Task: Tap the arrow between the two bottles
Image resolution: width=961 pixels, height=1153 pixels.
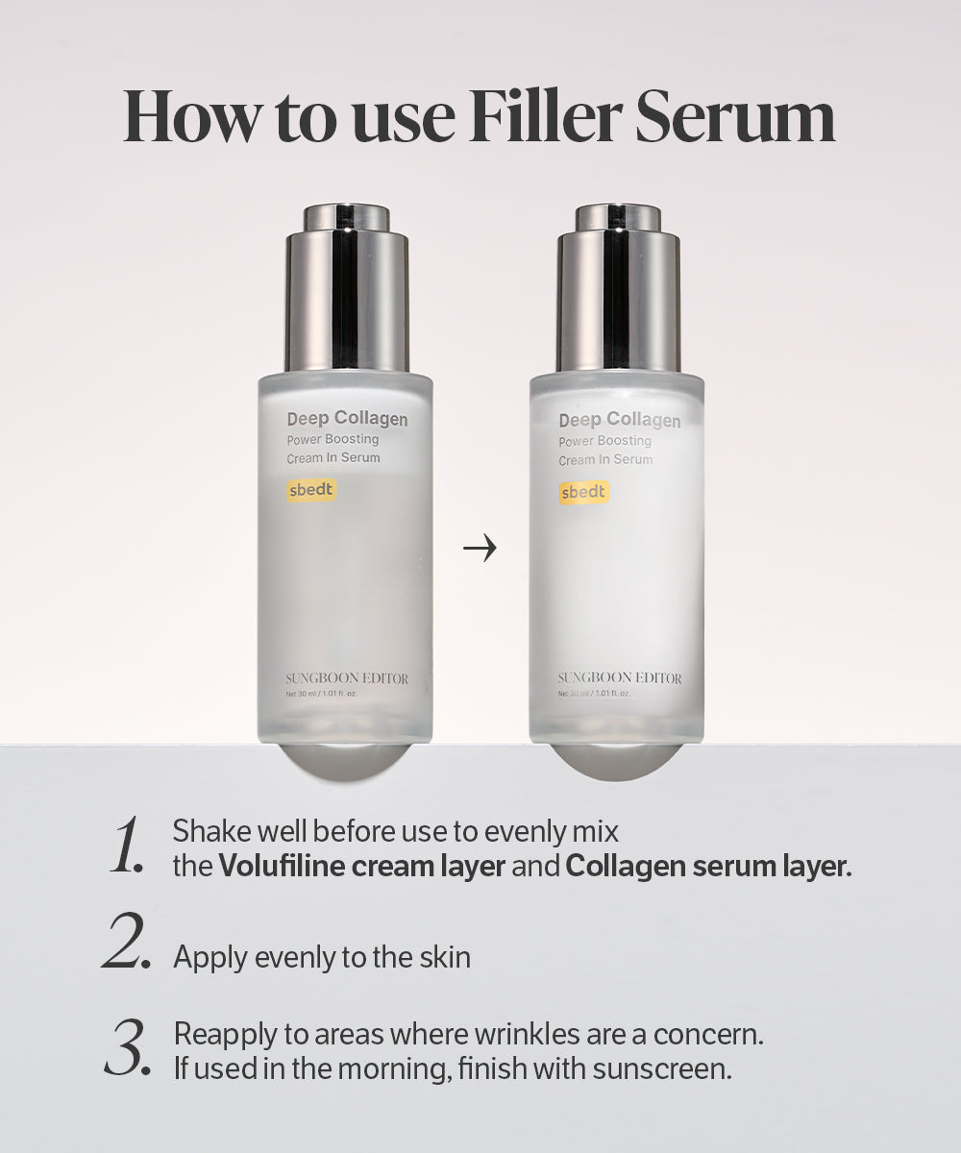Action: coord(480,550)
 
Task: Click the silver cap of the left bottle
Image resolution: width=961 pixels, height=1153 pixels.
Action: coord(346,288)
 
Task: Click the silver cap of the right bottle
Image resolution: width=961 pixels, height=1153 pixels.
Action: coord(617,288)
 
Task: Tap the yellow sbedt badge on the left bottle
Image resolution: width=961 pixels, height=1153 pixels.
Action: coord(311,491)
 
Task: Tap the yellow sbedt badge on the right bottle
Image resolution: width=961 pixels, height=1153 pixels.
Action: coord(583,492)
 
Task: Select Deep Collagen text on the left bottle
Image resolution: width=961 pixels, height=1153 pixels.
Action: coord(347,419)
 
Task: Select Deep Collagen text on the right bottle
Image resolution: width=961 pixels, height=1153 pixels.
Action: coord(619,420)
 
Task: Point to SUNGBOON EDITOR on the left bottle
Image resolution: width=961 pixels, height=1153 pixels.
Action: coord(347,678)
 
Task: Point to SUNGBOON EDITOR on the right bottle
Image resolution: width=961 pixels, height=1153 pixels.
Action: coord(620,678)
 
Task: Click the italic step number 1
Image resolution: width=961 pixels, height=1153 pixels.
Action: coord(126,846)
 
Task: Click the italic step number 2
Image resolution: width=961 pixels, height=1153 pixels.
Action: coord(126,944)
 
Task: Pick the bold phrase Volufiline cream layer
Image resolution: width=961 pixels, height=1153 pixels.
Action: coord(362,866)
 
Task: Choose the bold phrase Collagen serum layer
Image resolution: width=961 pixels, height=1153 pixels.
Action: coord(708,866)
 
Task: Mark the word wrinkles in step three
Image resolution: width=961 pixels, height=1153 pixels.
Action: coord(539,1035)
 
